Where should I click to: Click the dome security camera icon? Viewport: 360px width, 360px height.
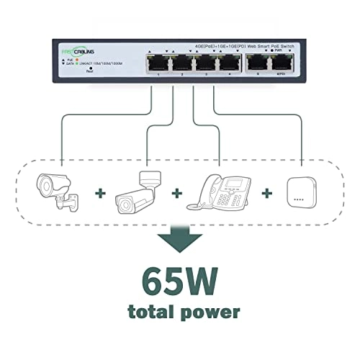(x=58, y=190)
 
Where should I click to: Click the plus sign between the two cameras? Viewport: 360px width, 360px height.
(x=99, y=194)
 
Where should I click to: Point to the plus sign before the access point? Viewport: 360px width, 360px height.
(x=267, y=194)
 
